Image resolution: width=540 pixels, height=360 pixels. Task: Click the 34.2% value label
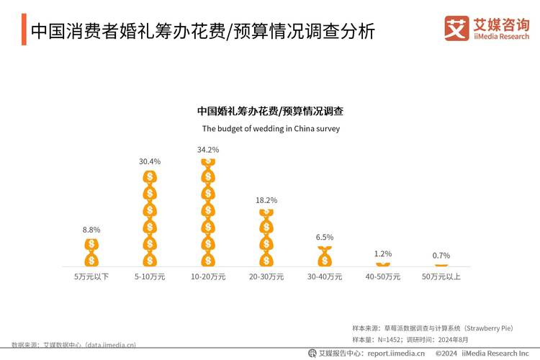[x=208, y=150]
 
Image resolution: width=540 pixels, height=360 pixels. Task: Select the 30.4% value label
[x=150, y=161]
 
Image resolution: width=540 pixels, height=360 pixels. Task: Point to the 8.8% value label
[x=91, y=230]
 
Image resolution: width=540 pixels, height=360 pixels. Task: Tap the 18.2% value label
[x=266, y=200]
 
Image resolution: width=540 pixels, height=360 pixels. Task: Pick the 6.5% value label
[x=325, y=237]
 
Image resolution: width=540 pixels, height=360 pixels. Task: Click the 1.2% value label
[x=383, y=253]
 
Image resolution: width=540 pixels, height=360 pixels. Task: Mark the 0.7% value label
[x=441, y=256]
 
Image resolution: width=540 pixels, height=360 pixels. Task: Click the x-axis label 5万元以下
[x=91, y=276]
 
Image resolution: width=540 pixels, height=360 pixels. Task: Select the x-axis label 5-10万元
[x=150, y=276]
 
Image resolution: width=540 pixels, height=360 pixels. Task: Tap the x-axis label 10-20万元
[x=208, y=276]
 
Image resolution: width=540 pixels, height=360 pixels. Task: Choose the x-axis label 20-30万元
[x=266, y=276]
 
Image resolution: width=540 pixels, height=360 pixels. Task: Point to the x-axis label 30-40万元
[x=325, y=276]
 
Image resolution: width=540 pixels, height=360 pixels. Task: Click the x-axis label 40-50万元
[x=383, y=276]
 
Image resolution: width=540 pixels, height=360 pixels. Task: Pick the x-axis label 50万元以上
[x=441, y=276]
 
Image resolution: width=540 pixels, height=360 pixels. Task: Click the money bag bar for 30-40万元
[x=325, y=256]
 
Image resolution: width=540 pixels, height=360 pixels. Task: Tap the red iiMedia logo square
[x=456, y=28]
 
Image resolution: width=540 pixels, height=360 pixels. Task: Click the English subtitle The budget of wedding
[x=270, y=130]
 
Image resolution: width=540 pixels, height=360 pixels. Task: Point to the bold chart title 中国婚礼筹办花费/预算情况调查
[x=270, y=112]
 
